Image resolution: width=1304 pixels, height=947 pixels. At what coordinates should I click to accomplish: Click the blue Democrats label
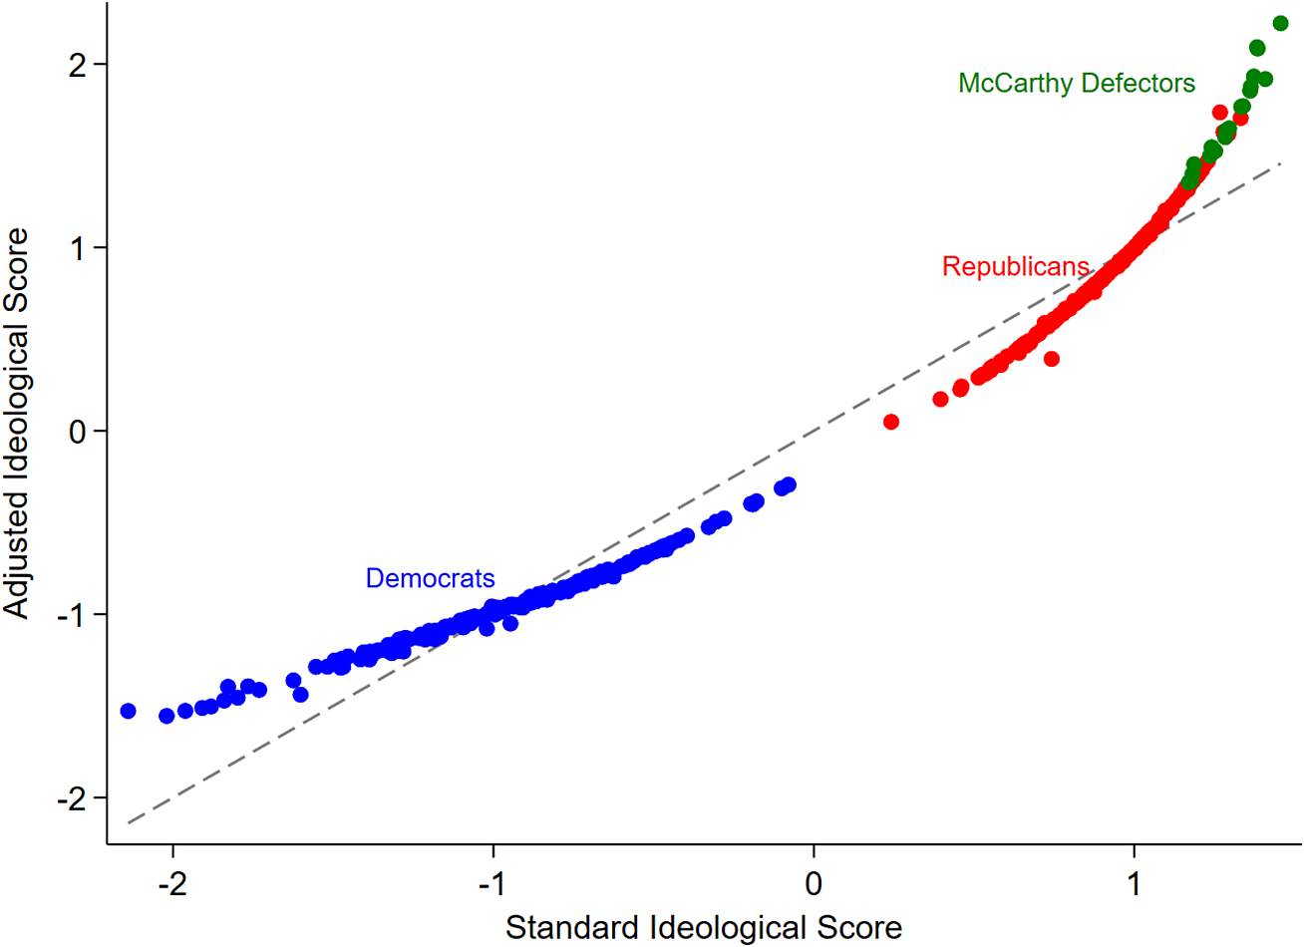click(x=430, y=579)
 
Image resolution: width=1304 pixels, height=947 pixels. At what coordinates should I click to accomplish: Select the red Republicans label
click(x=1015, y=267)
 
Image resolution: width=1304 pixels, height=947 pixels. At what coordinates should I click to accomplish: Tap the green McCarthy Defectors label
click(x=1076, y=84)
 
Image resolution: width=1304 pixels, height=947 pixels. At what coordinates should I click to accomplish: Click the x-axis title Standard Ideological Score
click(x=703, y=927)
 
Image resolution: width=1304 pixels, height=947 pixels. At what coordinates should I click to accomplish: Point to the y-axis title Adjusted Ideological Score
click(x=17, y=424)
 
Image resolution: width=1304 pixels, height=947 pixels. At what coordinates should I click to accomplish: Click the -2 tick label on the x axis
click(x=171, y=883)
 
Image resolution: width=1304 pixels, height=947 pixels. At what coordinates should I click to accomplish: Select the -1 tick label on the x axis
click(x=491, y=883)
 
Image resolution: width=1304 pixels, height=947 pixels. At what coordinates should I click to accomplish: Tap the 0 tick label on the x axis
click(x=814, y=883)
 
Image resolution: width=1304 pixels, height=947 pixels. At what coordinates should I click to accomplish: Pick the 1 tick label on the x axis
click(x=1135, y=883)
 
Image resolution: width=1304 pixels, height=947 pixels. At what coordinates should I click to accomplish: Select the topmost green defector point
click(x=1280, y=24)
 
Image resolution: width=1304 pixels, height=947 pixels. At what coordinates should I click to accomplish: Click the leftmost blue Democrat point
click(x=128, y=711)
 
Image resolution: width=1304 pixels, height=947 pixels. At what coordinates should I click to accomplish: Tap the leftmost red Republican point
click(x=891, y=422)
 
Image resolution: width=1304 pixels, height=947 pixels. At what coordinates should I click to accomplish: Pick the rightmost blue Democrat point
click(x=789, y=484)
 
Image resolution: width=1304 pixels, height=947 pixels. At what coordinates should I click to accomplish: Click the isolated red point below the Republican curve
click(x=1051, y=359)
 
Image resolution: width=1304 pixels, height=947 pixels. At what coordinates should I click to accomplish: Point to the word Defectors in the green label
click(x=1139, y=84)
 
